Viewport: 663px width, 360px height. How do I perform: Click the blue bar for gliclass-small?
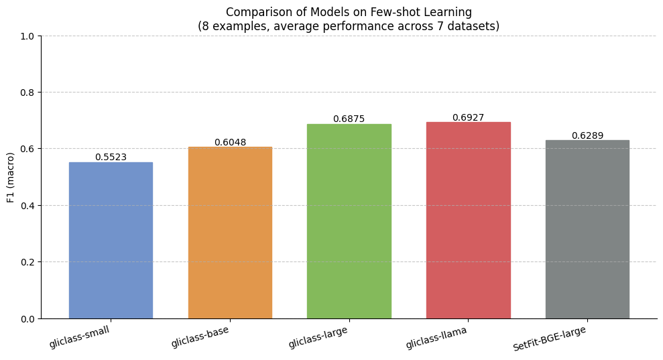click(x=111, y=240)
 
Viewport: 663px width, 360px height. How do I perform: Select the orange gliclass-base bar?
click(x=230, y=233)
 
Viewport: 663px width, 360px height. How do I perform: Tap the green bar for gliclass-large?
click(x=349, y=221)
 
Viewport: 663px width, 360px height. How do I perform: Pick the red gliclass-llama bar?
click(x=468, y=220)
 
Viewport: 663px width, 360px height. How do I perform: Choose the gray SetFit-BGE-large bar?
click(x=587, y=229)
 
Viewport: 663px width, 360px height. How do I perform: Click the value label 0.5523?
click(x=111, y=158)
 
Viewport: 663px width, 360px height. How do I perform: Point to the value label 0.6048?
click(x=230, y=143)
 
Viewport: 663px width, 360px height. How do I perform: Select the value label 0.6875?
click(x=349, y=119)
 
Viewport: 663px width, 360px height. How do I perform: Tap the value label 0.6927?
click(x=468, y=118)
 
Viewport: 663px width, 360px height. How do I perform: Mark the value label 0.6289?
click(x=587, y=136)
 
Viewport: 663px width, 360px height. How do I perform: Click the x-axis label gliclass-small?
click(x=79, y=337)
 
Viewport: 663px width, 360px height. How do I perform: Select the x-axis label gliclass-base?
click(x=200, y=338)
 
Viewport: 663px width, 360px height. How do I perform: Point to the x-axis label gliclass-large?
click(x=318, y=338)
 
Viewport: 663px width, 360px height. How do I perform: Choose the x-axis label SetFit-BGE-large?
click(x=550, y=339)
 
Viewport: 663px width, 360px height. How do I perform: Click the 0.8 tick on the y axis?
click(x=28, y=93)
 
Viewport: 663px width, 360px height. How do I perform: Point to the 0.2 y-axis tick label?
click(x=28, y=262)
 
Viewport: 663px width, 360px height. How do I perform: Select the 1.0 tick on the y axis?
click(x=28, y=36)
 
